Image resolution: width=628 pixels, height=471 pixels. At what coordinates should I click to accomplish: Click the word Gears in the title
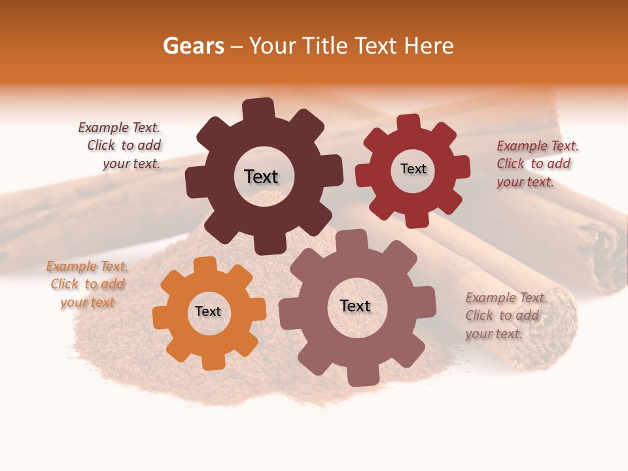(x=193, y=46)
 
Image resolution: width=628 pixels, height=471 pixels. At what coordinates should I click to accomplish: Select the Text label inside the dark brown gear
(x=261, y=177)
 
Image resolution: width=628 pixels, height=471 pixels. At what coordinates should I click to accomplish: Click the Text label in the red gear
(x=413, y=169)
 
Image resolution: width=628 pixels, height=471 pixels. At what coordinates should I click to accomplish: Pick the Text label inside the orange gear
(x=208, y=312)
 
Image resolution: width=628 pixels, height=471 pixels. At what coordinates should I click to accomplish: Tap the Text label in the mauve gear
(x=355, y=306)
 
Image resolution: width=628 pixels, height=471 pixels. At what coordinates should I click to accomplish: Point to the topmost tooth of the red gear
(x=408, y=122)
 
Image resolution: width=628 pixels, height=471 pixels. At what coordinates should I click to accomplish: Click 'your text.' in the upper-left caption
(x=131, y=164)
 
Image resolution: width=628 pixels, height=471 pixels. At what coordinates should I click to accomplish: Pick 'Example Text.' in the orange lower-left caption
(x=87, y=266)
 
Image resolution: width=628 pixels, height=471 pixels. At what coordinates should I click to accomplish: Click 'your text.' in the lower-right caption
(x=494, y=334)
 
